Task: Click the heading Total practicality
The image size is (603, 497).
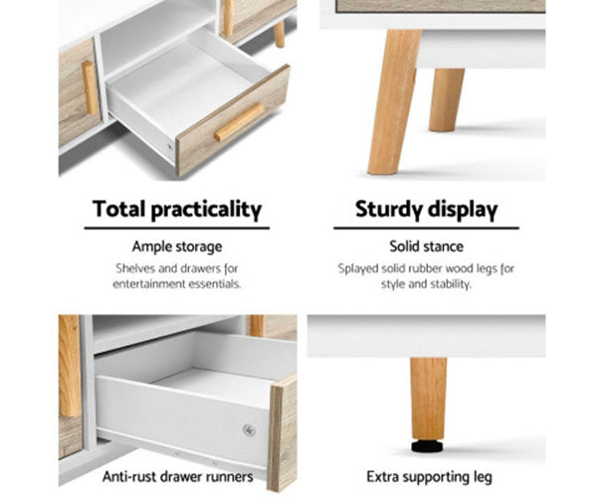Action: [x=177, y=210]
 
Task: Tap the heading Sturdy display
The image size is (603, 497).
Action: [x=427, y=210]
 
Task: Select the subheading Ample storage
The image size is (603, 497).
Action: [x=177, y=247]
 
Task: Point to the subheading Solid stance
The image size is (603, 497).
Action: [x=427, y=247]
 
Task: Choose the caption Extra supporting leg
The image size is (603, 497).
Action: [x=427, y=476]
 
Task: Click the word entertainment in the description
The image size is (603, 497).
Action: [x=146, y=283]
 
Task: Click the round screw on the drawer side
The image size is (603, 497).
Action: [x=249, y=429]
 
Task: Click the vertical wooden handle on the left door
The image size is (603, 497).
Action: [x=91, y=87]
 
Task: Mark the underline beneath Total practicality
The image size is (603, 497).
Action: [x=177, y=229]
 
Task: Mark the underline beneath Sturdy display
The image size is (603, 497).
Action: [x=427, y=229]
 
